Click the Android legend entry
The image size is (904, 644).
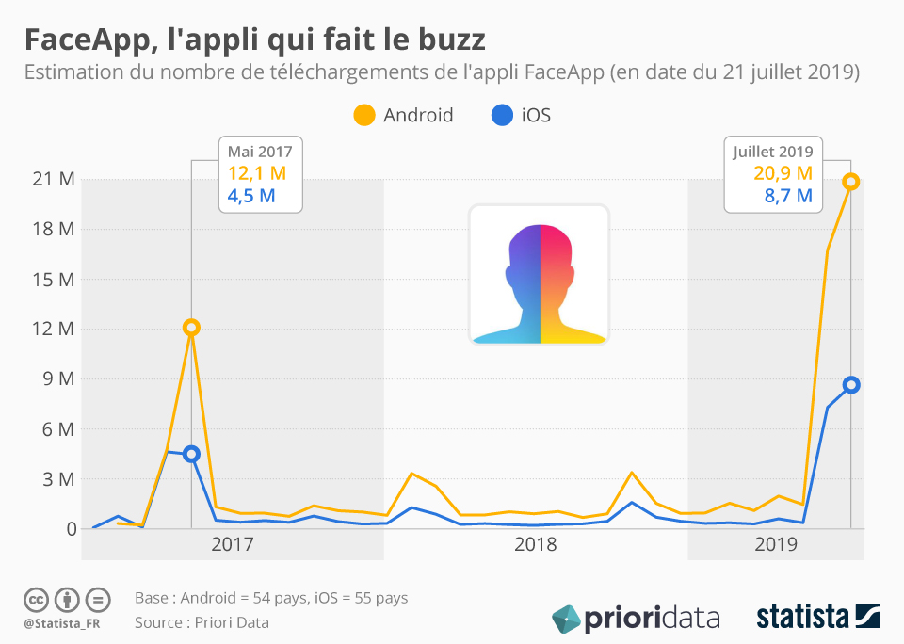(404, 116)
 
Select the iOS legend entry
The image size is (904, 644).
(522, 116)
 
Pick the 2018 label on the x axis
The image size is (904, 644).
(535, 544)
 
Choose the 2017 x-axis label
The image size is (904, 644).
(232, 544)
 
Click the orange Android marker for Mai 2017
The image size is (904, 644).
(191, 328)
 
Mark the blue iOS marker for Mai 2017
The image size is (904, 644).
(191, 454)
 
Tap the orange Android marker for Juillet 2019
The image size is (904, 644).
(850, 182)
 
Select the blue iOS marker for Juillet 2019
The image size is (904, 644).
(850, 384)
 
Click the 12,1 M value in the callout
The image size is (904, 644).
(257, 173)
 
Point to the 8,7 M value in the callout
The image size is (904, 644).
(789, 196)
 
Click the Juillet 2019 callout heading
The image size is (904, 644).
(773, 151)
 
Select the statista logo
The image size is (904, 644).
(818, 617)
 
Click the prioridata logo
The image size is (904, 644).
(637, 619)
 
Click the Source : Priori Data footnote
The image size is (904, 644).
(202, 622)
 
